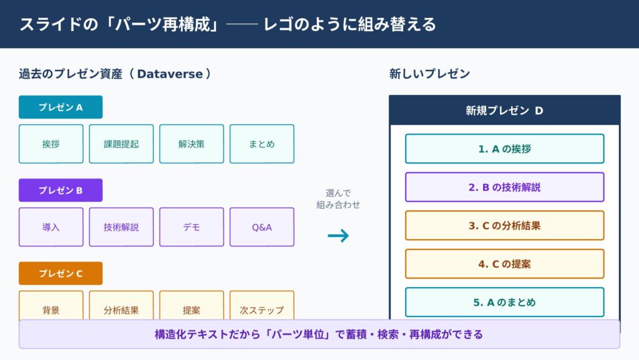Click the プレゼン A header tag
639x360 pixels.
coord(61,107)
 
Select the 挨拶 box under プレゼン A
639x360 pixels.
coord(51,144)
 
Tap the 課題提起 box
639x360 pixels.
coord(121,144)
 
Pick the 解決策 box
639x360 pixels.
coord(192,144)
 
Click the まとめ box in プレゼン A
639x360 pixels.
coord(261,144)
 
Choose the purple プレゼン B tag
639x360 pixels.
coord(61,190)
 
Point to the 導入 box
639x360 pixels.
coord(51,227)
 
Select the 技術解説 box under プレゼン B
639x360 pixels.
coord(121,227)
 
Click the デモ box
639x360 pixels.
coord(192,227)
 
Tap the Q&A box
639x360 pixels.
coord(261,227)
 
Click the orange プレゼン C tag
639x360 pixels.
coord(61,273)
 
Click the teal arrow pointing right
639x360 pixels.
coord(338,235)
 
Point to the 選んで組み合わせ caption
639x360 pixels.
coord(338,199)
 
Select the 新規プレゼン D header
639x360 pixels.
coord(504,110)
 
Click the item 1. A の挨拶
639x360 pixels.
coord(504,148)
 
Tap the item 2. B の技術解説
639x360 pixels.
coord(504,187)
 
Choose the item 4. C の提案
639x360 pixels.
coord(504,264)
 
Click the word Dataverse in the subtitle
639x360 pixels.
coord(170,74)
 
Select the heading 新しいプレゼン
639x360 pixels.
coord(429,74)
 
